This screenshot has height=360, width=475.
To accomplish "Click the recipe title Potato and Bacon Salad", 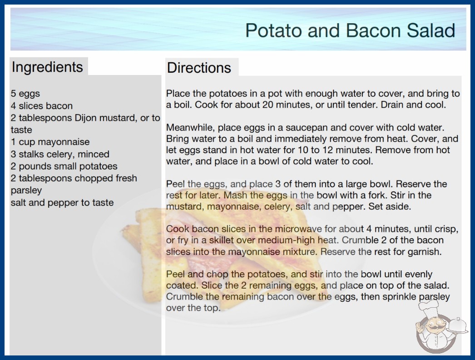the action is (x=350, y=30).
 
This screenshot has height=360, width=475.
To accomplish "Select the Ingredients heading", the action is (x=47, y=67).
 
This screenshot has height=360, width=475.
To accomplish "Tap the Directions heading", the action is (x=199, y=68).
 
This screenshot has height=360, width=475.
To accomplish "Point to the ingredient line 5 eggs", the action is (x=25, y=94).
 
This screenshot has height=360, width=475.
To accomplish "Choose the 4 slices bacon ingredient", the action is (x=42, y=106).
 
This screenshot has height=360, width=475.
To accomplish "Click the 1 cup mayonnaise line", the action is (x=50, y=142).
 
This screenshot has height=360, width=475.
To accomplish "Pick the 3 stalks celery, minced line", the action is (x=60, y=154).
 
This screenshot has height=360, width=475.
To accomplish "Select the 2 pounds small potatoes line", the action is (x=64, y=166).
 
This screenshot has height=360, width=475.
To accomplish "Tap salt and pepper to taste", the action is (x=62, y=203).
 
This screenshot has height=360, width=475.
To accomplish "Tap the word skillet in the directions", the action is (x=217, y=240).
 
